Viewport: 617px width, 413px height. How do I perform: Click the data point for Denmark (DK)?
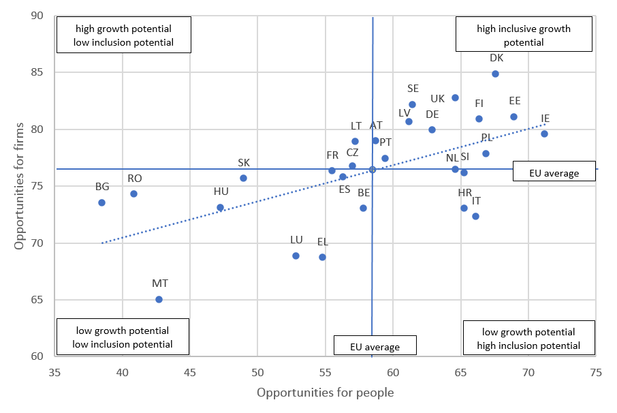[x=495, y=74]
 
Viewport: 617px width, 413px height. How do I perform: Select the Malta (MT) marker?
[x=159, y=299]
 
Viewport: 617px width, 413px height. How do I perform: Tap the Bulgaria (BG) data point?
[x=101, y=202]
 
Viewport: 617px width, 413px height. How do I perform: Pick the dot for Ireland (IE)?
[x=544, y=134]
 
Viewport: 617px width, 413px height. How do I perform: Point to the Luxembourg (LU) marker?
[x=296, y=256]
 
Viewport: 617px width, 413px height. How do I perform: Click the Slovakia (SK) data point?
[x=243, y=178]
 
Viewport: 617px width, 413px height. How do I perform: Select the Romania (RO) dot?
[x=133, y=194]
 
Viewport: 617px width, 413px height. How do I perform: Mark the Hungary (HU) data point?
[x=220, y=207]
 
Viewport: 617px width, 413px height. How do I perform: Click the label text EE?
[x=515, y=101]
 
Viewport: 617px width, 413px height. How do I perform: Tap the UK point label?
[x=438, y=98]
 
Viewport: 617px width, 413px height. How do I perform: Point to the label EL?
[x=322, y=241]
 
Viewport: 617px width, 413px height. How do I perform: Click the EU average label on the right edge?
[x=554, y=173]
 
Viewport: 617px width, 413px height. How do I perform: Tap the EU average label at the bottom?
[x=375, y=347]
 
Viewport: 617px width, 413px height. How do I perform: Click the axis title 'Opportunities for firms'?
[x=20, y=186]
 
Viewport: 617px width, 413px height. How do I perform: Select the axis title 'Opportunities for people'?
[x=325, y=393]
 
